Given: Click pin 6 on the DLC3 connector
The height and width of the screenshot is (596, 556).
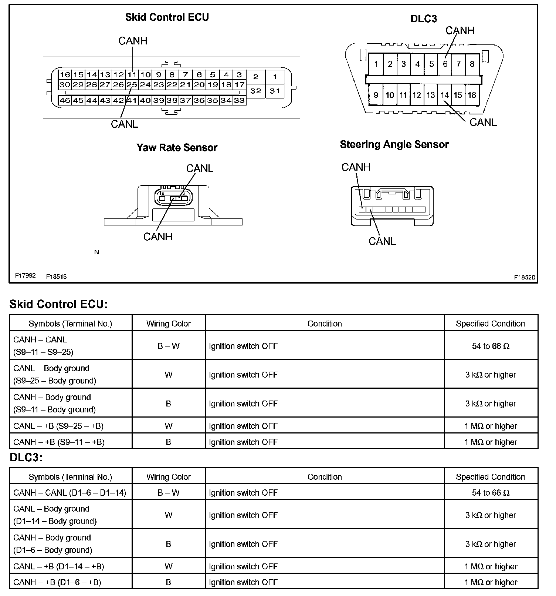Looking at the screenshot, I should [445, 64].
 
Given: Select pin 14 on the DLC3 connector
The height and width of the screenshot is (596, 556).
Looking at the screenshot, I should [444, 95].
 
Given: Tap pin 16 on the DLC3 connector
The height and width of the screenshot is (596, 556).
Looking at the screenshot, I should [472, 95].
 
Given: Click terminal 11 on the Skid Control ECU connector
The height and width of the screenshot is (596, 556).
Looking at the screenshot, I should [132, 74].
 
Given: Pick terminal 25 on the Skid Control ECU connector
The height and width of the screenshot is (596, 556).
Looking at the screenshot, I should [132, 85].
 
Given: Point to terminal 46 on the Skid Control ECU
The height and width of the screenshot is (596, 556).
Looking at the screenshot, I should [65, 100].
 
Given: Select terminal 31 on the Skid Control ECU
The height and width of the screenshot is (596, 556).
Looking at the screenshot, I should [275, 91].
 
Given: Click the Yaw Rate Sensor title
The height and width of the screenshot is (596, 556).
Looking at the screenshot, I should [177, 148].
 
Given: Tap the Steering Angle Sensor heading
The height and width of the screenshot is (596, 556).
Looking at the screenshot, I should [394, 144].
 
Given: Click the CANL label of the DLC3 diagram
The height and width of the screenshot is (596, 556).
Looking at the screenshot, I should [483, 123].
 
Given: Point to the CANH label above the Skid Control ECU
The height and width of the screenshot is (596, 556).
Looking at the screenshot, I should [133, 41].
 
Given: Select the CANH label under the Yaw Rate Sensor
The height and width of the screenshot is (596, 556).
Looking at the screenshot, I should [158, 237].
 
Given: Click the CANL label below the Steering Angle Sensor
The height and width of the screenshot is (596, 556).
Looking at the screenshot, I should [382, 241].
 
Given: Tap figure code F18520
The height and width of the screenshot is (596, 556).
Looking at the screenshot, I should [524, 277].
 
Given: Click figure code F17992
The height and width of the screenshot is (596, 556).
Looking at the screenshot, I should [25, 276].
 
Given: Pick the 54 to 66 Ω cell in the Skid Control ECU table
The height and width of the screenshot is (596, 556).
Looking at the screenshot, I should [491, 346].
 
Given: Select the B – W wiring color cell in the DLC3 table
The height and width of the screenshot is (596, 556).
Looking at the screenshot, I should [168, 493].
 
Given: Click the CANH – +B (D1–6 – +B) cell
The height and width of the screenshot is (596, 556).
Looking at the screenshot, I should [57, 582].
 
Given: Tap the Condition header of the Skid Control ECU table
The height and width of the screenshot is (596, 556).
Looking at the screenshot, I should [325, 324].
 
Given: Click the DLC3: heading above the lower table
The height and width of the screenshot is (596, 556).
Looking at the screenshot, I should [26, 458].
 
